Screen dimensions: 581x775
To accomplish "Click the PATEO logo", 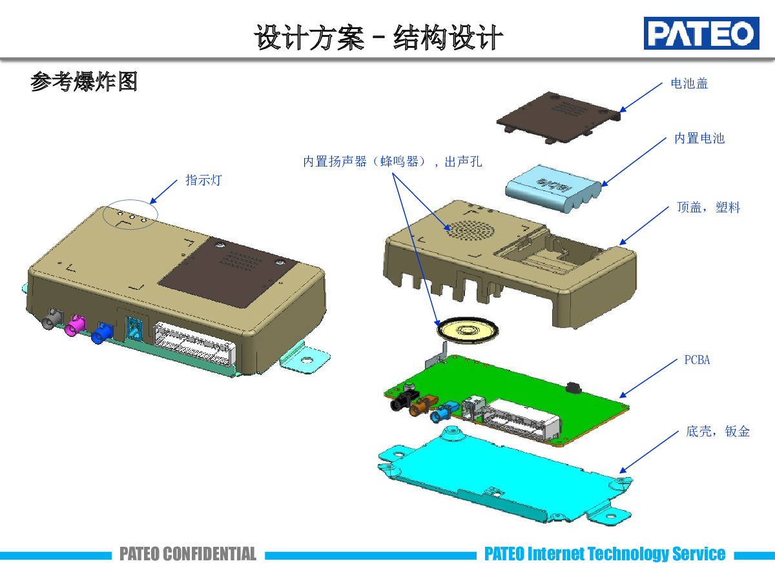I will (x=700, y=33).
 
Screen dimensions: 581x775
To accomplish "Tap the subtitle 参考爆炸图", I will (x=84, y=82).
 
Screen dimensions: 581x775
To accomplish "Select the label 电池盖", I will (x=689, y=83).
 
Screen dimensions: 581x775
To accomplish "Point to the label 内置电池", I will (x=699, y=138).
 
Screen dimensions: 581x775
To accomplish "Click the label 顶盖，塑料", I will (x=708, y=207).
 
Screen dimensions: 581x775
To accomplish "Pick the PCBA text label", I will (x=697, y=360).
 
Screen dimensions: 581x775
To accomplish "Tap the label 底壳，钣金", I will (x=718, y=431).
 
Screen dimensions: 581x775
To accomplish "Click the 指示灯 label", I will (x=203, y=180).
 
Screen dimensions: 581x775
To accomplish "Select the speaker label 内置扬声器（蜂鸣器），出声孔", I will (x=393, y=161).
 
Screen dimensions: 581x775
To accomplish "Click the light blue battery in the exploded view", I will (x=552, y=188).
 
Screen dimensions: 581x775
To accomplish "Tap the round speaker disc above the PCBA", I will (x=470, y=330).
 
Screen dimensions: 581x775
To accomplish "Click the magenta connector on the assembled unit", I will (x=76, y=324).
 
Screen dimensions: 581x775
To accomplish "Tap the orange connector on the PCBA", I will (x=423, y=405).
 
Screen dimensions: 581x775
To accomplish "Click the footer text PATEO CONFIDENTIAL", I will (x=188, y=554).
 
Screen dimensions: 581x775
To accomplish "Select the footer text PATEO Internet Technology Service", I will (x=604, y=554).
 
